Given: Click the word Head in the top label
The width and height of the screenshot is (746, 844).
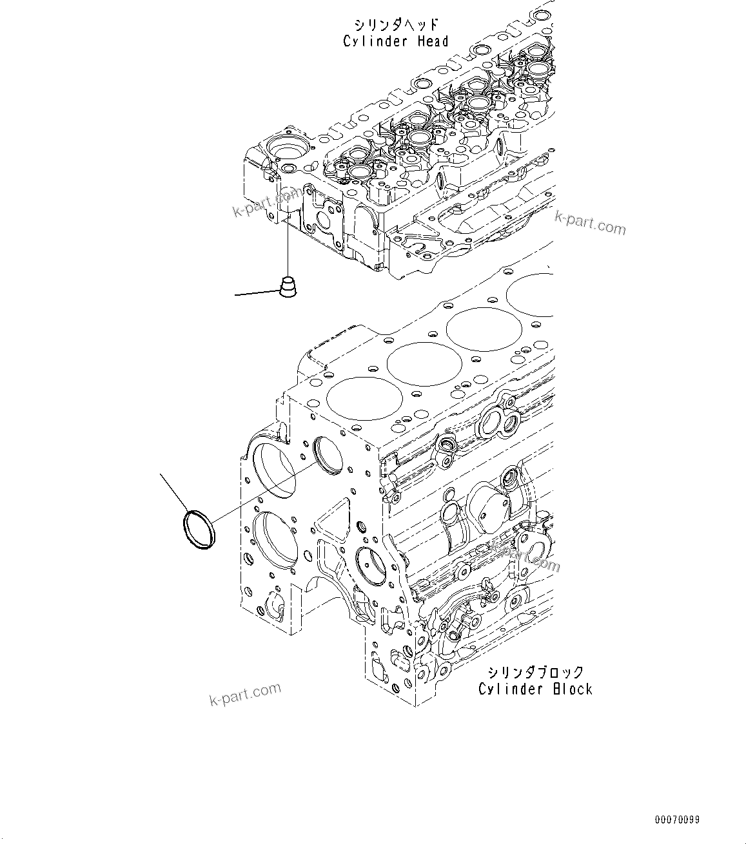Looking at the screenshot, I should click(x=431, y=41).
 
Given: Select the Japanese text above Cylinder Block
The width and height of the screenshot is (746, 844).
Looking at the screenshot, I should click(x=535, y=673).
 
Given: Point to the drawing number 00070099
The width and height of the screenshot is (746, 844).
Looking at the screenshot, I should click(x=677, y=820).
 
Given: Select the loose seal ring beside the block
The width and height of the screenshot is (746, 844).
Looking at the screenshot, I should click(x=199, y=530).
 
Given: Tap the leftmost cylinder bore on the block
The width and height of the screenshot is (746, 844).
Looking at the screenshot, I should click(x=356, y=397).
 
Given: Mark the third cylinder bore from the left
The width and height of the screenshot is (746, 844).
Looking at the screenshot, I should click(x=475, y=329).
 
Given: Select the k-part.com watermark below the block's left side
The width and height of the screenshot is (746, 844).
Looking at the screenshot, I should click(x=246, y=694).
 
